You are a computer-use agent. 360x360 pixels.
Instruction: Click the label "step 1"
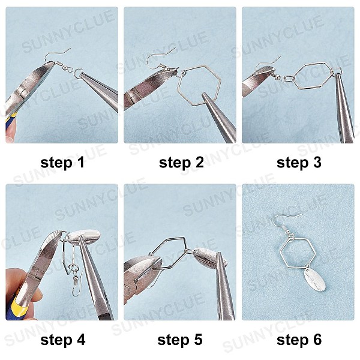pos(62,163)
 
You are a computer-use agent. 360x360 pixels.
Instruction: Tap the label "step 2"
pos(181,163)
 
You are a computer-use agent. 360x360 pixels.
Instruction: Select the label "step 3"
pos(299,163)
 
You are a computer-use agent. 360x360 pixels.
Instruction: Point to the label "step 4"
pos(62,340)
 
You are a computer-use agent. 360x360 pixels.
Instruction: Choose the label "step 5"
pos(180,340)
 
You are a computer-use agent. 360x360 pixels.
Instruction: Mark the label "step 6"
pos(299,340)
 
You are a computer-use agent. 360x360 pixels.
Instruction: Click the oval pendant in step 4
pos(84,236)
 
